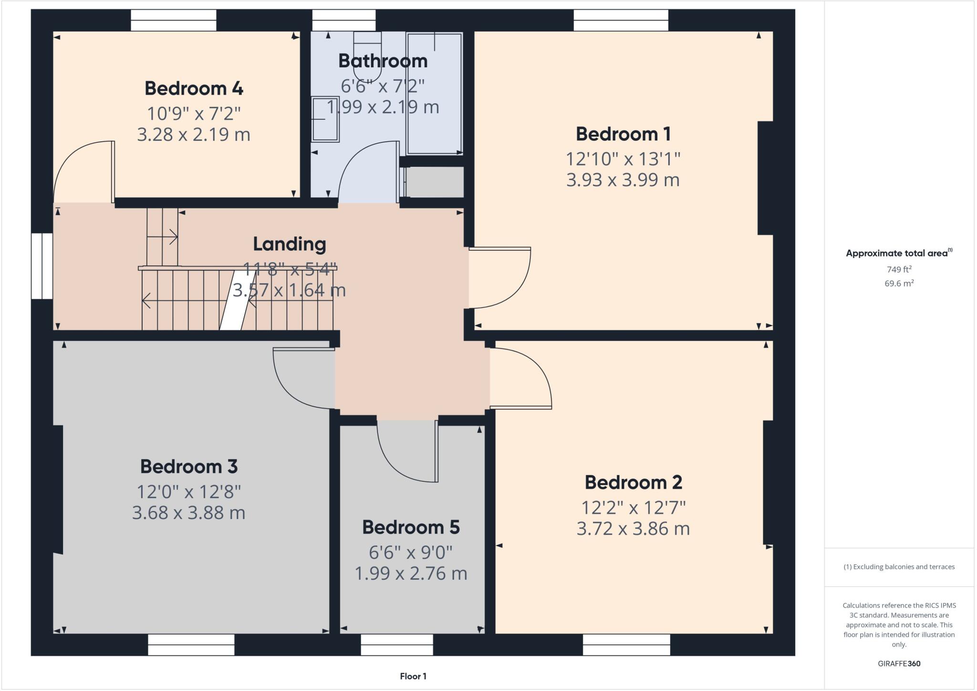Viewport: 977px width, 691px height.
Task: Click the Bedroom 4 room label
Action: (194, 88)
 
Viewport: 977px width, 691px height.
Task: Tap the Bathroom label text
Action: (383, 61)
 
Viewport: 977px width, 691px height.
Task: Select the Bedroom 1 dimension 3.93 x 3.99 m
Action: (623, 180)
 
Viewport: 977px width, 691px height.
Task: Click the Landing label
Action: (289, 244)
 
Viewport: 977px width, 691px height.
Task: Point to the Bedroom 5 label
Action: (411, 527)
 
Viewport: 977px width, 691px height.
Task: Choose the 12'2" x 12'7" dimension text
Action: (633, 508)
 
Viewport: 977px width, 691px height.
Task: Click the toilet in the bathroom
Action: (367, 55)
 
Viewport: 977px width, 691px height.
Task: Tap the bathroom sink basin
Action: (325, 119)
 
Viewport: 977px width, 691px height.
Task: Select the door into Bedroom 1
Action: (499, 277)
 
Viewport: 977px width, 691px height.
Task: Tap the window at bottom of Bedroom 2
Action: (626, 644)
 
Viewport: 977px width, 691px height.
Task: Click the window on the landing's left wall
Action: (42, 266)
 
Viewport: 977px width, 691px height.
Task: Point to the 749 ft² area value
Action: (899, 269)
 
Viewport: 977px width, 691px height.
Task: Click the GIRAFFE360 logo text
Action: (899, 663)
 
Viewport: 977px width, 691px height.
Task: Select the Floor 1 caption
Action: (413, 676)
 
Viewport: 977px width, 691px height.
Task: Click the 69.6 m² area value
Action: (899, 283)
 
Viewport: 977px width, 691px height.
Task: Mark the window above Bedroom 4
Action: (174, 21)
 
